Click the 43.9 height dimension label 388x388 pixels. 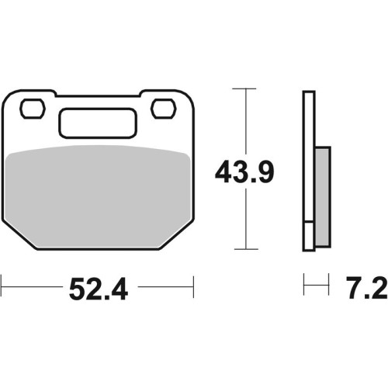[x=244, y=171]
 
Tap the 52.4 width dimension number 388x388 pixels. [x=99, y=289]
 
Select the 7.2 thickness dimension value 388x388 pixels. [x=367, y=287]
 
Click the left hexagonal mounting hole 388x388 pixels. [x=33, y=109]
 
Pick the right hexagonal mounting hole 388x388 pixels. [x=164, y=109]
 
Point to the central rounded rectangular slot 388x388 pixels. [x=98, y=123]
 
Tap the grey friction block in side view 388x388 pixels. [x=323, y=196]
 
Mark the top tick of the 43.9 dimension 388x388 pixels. [x=244, y=88]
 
